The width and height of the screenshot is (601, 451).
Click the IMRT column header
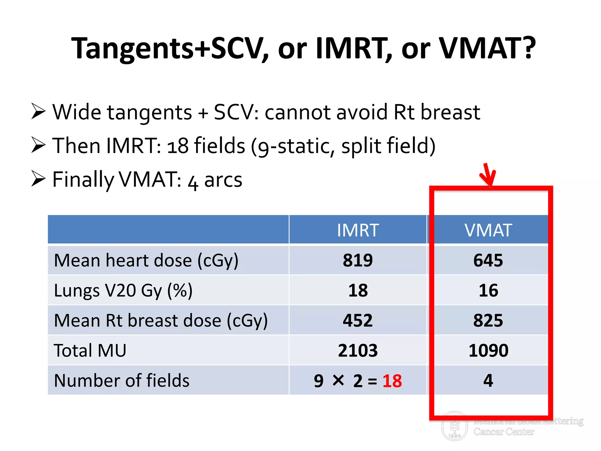pyautogui.click(x=358, y=230)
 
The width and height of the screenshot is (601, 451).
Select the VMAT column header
pyautogui.click(x=488, y=230)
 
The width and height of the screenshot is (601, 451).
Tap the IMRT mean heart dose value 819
pyautogui.click(x=358, y=260)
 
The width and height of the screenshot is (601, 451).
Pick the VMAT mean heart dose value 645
pyautogui.click(x=488, y=260)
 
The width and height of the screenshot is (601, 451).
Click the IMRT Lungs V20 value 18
pyautogui.click(x=358, y=290)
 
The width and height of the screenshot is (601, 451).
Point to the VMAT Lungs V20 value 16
pyautogui.click(x=488, y=290)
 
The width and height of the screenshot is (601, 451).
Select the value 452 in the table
pyautogui.click(x=358, y=320)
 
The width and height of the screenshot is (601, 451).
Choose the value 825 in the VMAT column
pyautogui.click(x=488, y=320)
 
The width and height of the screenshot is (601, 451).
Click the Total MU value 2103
pyautogui.click(x=358, y=350)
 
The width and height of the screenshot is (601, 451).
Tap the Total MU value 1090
pyautogui.click(x=488, y=350)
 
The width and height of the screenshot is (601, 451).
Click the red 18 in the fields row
pyautogui.click(x=392, y=381)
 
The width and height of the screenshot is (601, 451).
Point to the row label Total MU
pyautogui.click(x=90, y=350)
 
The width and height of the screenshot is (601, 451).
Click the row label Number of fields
pyautogui.click(x=122, y=381)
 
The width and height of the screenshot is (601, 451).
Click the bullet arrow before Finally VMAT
pyautogui.click(x=38, y=179)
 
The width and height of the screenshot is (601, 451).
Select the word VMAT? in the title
pyautogui.click(x=487, y=48)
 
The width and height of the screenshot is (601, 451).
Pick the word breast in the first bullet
pyautogui.click(x=450, y=112)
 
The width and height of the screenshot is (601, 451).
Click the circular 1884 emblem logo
pyautogui.click(x=455, y=426)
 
